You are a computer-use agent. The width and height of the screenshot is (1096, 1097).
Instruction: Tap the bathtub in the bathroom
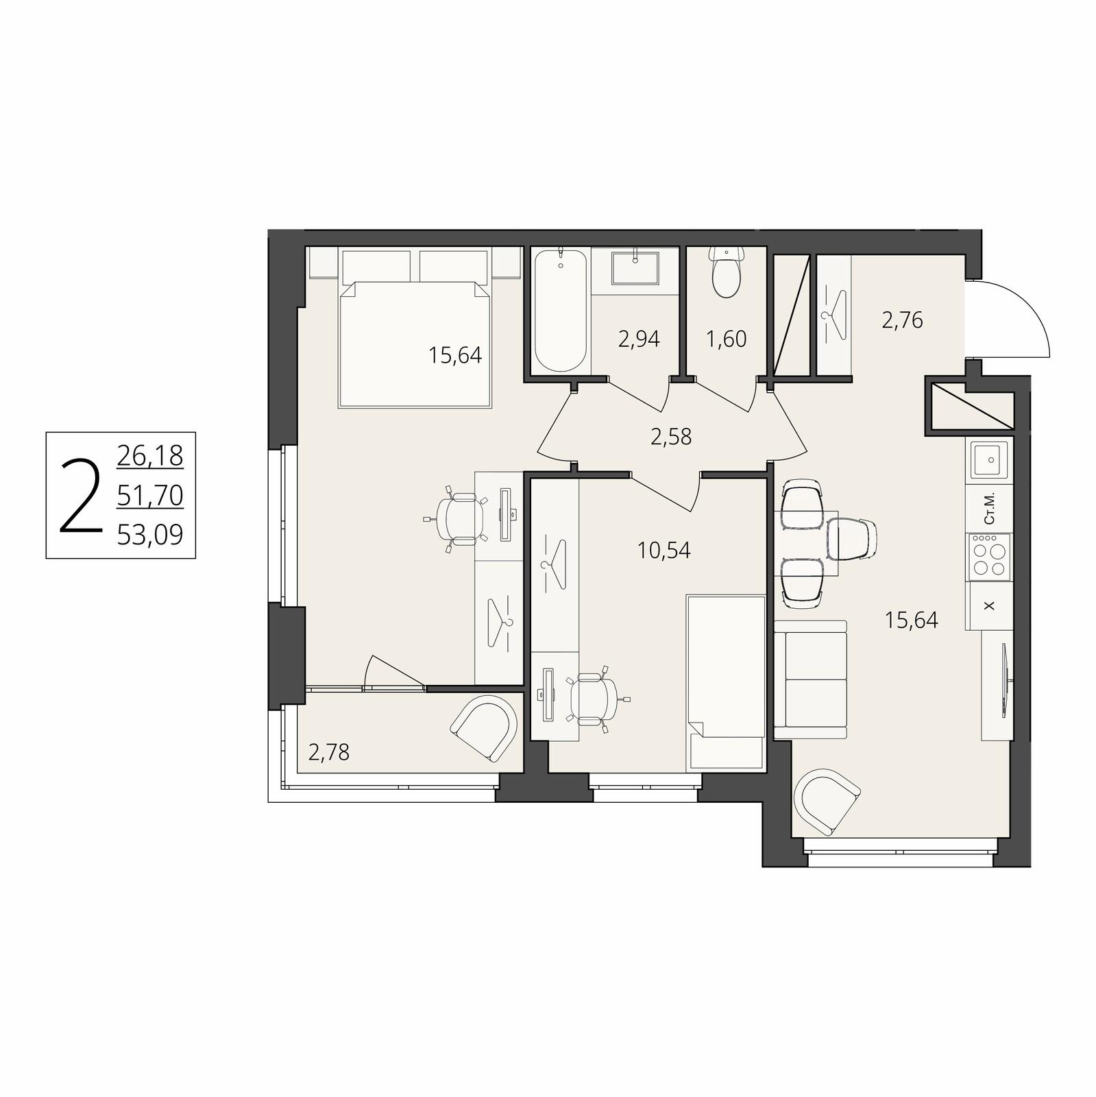point(560,311)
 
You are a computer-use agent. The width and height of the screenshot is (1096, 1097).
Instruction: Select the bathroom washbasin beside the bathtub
point(635,269)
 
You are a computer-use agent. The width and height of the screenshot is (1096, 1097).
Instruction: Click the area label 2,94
point(639,339)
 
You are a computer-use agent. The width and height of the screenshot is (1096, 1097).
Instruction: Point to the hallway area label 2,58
point(671,436)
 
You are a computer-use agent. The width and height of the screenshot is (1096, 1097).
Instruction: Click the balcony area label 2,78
point(329,753)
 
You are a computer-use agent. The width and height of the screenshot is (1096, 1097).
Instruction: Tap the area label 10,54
point(664,550)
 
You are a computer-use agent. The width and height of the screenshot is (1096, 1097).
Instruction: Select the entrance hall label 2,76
point(902,320)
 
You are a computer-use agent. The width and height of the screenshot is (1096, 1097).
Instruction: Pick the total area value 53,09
point(150,534)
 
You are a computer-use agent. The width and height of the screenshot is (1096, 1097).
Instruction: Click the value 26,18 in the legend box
point(150,455)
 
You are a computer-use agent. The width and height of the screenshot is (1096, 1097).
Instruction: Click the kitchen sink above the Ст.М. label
point(988,459)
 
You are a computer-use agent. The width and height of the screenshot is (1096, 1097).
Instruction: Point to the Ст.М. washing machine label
point(988,508)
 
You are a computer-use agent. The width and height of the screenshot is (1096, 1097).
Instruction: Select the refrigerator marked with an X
point(988,605)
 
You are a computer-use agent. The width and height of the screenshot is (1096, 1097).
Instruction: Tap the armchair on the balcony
point(486,727)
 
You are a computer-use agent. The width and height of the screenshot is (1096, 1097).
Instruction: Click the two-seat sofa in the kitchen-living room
point(811,679)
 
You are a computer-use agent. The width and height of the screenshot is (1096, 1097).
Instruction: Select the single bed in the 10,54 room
point(726,682)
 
